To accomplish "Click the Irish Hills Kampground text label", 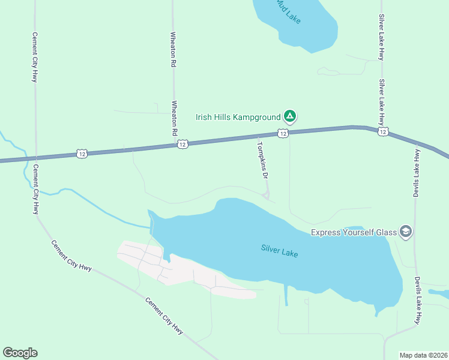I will point(238,117).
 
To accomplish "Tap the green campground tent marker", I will point(290,115).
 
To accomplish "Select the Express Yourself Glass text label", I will point(353,232).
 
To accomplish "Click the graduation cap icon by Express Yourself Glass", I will point(406,232).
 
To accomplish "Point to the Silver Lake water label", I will point(279,251).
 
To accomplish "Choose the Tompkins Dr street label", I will point(262,160).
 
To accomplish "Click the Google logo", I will point(20,353).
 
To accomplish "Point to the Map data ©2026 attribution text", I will point(423,355).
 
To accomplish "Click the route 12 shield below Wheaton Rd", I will point(183,144).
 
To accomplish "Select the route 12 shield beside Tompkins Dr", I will point(283,134).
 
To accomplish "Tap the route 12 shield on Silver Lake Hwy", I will point(382,131).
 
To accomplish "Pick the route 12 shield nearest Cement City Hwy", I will point(82,154).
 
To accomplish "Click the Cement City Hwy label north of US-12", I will point(35,57).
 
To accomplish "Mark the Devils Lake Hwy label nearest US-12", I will point(415,173).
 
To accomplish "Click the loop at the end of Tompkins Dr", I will point(267,194).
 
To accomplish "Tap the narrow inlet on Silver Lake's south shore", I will point(286,295).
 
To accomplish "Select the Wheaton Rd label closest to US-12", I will point(175,117).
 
